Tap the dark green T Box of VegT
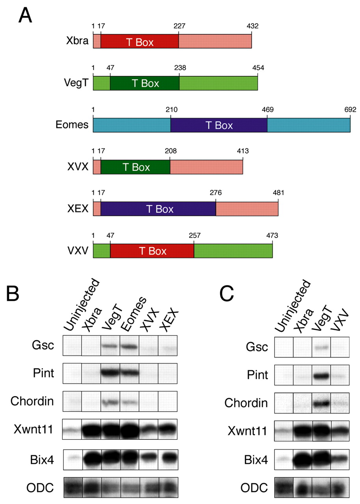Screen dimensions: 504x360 pos(145,83)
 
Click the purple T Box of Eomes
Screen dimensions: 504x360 pos(219,126)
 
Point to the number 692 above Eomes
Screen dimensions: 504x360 pos(350,109)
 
